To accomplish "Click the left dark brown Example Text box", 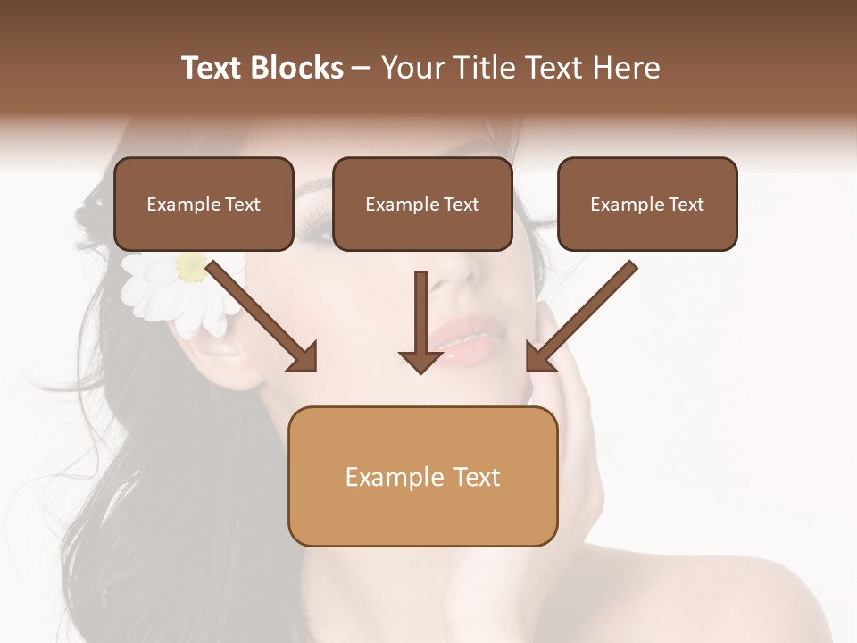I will [204, 205].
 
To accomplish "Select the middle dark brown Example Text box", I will [422, 205].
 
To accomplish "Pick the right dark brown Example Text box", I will [647, 205].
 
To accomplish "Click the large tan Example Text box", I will [422, 476].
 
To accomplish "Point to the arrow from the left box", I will [259, 313].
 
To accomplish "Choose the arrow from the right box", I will [585, 313].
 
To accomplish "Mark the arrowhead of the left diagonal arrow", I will [304, 357].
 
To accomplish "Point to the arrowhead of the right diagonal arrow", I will [539, 357].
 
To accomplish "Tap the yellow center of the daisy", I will [191, 266].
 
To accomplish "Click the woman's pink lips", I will [464, 339].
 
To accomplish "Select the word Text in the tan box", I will [478, 477].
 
